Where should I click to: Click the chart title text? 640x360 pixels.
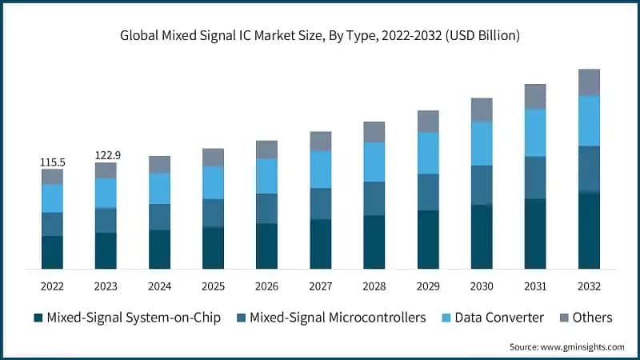point(320,34)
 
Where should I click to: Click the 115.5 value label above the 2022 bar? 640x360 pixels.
point(52,162)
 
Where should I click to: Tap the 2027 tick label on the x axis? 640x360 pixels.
point(321,286)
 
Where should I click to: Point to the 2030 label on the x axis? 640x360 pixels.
point(482,286)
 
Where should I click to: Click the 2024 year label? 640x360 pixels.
point(159,286)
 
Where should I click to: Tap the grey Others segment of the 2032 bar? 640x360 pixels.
point(589,82)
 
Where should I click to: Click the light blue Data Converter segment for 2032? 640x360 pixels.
point(589,121)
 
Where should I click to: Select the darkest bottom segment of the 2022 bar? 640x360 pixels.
point(52,252)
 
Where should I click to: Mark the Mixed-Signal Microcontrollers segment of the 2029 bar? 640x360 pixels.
point(428,192)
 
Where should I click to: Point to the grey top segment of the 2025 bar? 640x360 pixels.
point(213,157)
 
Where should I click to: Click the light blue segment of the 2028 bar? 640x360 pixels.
point(374,162)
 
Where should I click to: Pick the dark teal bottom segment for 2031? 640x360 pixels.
point(535,234)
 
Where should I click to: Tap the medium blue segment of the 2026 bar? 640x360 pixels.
point(266,208)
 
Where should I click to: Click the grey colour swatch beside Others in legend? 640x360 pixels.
point(562,318)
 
